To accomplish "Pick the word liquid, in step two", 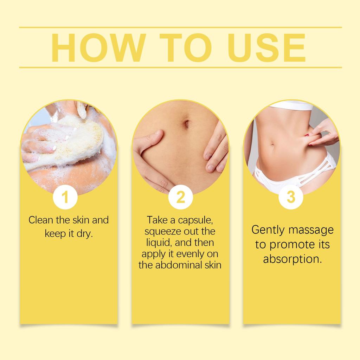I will [x=160, y=243].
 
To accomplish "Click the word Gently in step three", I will [x=268, y=230].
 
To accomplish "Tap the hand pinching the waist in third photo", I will [x=322, y=135].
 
